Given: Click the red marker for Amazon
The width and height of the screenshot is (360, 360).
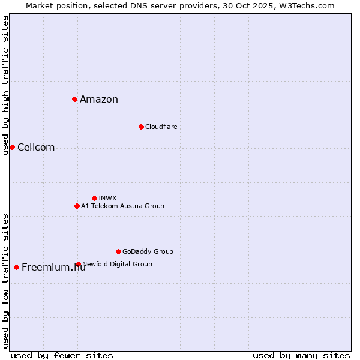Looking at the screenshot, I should pos(74,99).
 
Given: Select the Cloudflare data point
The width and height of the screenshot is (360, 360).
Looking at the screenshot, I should pos(141,127).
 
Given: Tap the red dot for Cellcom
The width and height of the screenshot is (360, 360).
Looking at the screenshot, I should pos(12,147).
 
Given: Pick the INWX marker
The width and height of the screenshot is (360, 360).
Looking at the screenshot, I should pos(94,198).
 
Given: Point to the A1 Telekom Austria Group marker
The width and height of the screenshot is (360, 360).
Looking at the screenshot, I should pos(77,206).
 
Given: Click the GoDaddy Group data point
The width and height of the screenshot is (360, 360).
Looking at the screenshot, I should pos(118,251).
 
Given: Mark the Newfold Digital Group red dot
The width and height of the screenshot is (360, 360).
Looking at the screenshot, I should pos(79,264).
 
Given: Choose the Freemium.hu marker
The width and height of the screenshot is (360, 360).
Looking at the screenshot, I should pos(16,267).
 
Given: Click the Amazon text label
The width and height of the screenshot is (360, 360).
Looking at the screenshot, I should pos(99,100).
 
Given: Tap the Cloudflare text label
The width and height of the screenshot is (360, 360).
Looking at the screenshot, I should pos(161,127).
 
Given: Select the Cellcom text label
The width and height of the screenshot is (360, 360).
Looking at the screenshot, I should pos(36,148).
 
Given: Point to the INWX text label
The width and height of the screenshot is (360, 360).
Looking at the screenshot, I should pos(107,198).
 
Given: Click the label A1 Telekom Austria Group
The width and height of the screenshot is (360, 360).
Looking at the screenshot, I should pos(122,206).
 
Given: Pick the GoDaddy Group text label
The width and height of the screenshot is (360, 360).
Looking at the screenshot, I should pos(148,251).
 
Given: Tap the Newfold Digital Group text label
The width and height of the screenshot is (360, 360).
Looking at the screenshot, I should pos(118,264).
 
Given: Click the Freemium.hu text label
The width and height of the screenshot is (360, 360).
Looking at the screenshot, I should pos(53,268).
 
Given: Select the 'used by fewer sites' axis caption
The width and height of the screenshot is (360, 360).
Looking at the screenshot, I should pos(62,355).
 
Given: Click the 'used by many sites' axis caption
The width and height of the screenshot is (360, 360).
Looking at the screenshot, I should pos(301,355).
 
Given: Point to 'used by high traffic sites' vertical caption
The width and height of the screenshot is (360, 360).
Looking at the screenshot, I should pos(5,85).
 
